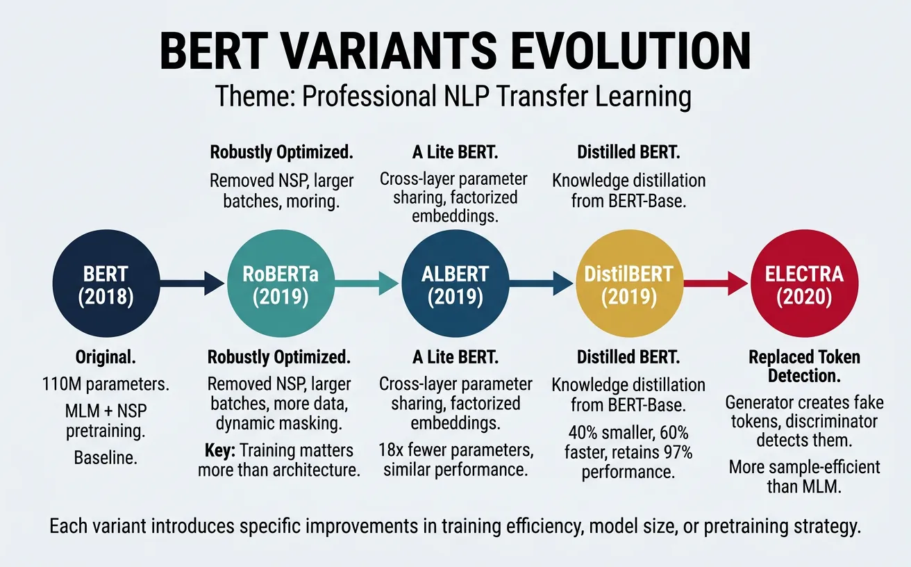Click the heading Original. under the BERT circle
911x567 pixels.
(x=105, y=358)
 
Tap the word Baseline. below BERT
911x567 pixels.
(x=105, y=458)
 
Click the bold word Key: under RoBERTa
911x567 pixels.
(x=218, y=450)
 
